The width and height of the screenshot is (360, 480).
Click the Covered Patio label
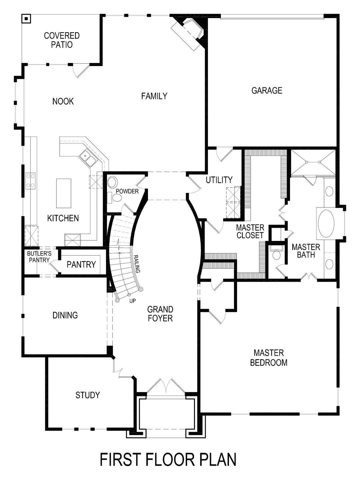pos(62,40)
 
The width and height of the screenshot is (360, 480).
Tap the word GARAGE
pos(267,90)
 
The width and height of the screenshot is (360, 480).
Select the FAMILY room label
pos(154,96)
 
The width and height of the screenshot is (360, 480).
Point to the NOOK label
pos(63,101)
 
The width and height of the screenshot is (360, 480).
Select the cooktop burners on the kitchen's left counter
pos(31,180)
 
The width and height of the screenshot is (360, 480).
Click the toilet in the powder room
pos(117,198)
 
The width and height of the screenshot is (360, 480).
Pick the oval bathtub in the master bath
pos(327,223)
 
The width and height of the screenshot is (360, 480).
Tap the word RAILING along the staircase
pos(136,264)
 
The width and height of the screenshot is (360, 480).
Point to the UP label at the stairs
pos(133,301)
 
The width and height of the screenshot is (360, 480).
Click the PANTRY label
pos(81,264)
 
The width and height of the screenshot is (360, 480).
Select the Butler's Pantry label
pos(38,257)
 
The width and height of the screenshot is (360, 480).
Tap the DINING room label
pos(65,315)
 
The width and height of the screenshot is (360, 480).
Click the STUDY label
pos(88,395)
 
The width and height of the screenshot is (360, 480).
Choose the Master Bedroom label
pos(269,357)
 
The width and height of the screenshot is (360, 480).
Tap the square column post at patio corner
pos(25,19)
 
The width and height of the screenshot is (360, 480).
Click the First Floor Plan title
pos(168,459)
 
